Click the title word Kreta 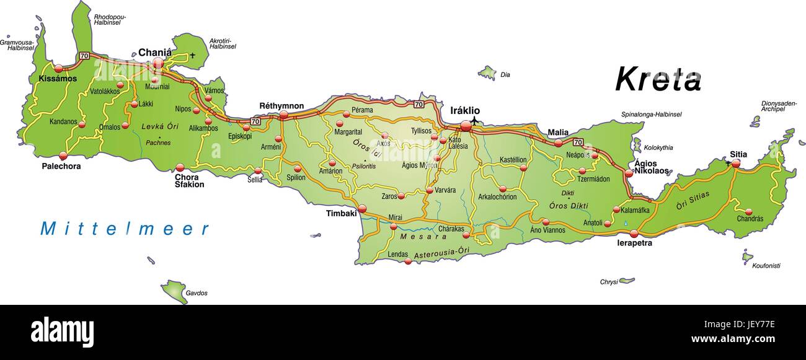click(658, 79)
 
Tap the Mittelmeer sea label click(125, 229)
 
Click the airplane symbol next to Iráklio click(474, 120)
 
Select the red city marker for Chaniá click(158, 63)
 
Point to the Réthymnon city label click(281, 106)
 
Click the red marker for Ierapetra click(634, 234)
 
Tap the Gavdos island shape click(174, 291)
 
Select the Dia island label click(505, 75)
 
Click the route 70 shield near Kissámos click(83, 56)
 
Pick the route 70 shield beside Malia click(577, 142)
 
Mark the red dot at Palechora click(63, 156)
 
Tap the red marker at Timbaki click(362, 209)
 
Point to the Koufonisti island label click(766, 266)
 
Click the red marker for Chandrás click(748, 212)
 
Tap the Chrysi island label click(608, 282)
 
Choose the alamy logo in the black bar click(62, 331)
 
